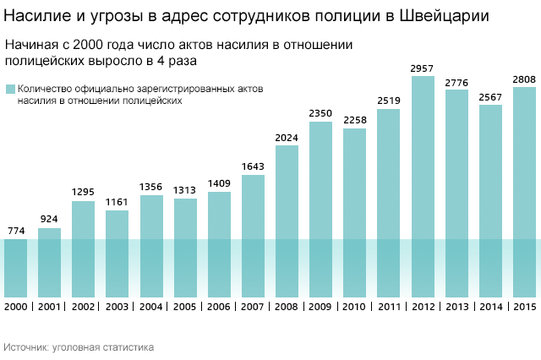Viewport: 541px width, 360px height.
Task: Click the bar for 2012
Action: click(x=423, y=186)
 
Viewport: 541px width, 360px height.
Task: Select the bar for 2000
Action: click(x=15, y=266)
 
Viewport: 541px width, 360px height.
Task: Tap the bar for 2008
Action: click(x=287, y=220)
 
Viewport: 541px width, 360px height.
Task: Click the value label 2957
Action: click(x=423, y=68)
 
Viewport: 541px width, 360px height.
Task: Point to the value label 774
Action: click(x=15, y=231)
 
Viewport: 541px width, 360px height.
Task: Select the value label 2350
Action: click(x=320, y=114)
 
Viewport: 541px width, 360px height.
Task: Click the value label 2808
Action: click(x=525, y=79)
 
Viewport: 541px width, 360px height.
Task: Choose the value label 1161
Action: click(x=117, y=203)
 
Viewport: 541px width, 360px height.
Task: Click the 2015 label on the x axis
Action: click(x=525, y=306)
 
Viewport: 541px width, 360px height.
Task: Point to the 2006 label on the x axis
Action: click(x=219, y=306)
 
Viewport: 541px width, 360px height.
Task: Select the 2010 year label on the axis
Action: click(x=355, y=306)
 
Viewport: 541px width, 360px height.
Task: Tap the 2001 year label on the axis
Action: click(x=49, y=306)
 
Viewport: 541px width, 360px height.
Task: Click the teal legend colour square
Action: click(x=9, y=89)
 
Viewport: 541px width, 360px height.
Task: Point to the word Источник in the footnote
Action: click(x=25, y=346)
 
